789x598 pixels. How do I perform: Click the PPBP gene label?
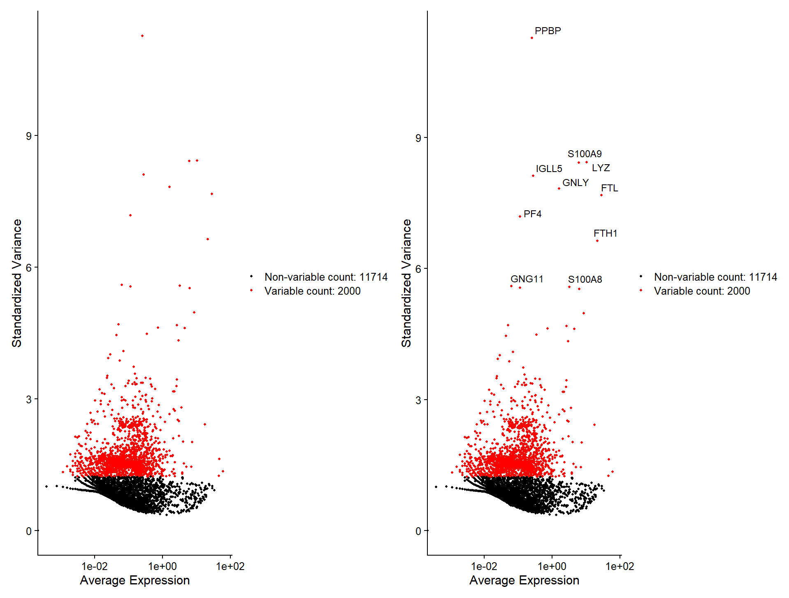548,31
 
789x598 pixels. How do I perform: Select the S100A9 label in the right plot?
584,154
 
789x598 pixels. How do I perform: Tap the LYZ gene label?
601,168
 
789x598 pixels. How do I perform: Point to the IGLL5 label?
549,169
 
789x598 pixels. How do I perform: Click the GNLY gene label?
575,183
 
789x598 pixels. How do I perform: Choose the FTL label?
609,188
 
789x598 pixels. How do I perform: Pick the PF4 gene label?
532,214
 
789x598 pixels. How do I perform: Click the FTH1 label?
605,233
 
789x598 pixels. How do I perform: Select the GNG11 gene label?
527,279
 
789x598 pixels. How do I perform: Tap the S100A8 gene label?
585,279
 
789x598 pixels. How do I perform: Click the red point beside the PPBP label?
532,38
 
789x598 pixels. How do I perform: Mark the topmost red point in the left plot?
142,36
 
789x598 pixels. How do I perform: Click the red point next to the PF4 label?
520,216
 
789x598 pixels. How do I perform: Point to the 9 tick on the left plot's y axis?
29,136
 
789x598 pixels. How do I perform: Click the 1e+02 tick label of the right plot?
620,567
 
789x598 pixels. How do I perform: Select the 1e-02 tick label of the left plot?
95,567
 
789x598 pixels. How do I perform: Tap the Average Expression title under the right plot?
524,580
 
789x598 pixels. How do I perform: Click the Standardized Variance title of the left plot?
17,283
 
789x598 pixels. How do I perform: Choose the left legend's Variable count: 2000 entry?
312,291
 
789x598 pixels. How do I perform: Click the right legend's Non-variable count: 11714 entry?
715,277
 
